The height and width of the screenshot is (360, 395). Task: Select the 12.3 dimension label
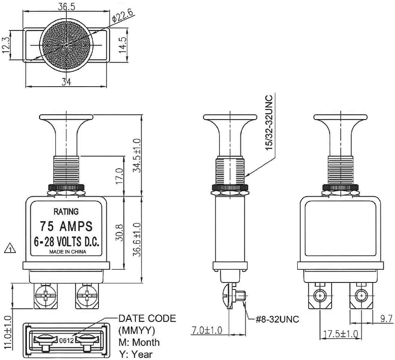coord(7,46)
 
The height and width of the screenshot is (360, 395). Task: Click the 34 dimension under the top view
coord(66,83)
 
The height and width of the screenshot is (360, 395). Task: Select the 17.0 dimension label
coord(120,177)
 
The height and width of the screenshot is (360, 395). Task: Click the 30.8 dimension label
coord(120,234)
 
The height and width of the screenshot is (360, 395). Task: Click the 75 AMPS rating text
coord(66,225)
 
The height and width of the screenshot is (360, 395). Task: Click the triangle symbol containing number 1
coord(9,248)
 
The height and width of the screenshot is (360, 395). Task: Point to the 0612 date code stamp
coord(67,340)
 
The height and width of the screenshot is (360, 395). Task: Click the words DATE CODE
coord(148,318)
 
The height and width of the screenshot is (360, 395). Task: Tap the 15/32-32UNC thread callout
coord(269,121)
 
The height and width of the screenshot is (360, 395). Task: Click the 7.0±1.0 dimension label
coord(207,330)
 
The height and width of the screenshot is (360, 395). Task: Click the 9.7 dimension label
coord(386,318)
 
